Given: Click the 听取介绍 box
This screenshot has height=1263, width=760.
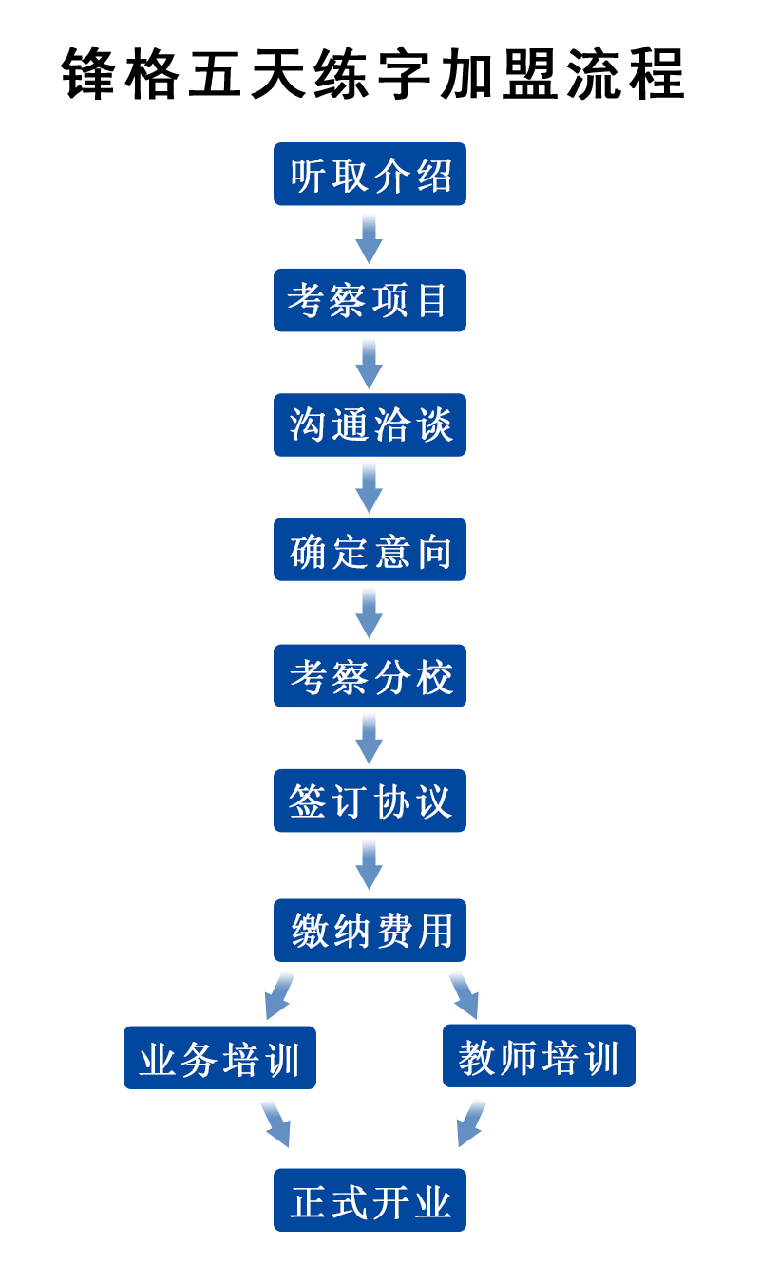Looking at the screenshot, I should (370, 175).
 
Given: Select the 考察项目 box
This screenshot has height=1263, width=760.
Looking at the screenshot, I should (370, 300).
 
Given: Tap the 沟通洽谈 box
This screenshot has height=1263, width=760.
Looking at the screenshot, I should (370, 424).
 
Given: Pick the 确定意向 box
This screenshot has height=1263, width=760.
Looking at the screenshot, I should (370, 550).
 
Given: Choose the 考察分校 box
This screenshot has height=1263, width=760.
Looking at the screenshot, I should (370, 676).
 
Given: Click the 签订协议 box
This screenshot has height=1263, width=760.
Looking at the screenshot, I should (370, 801).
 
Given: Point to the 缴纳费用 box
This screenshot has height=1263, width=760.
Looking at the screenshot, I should (370, 930).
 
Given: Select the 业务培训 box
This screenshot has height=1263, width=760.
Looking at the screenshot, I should (220, 1058).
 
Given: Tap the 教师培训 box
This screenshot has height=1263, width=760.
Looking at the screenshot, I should (539, 1056).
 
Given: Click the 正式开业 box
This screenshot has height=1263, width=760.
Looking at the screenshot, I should (370, 1199).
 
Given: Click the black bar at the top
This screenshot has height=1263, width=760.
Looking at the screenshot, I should (371, 72).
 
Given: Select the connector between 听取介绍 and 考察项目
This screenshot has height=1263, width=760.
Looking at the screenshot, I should (369, 237).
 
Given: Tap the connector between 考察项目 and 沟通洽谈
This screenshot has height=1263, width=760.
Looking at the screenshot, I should (369, 363).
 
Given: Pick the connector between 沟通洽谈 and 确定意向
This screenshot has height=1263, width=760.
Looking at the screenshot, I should (369, 487).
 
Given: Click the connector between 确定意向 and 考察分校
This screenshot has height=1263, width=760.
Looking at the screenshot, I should (369, 613).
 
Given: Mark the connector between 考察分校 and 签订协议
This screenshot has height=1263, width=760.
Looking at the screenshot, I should (369, 738).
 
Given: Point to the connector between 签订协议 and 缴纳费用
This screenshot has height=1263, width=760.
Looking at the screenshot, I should (369, 864).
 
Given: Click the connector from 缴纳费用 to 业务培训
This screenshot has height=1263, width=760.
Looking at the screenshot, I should (280, 994).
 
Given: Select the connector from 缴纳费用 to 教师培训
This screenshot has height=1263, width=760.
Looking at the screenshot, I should (464, 994).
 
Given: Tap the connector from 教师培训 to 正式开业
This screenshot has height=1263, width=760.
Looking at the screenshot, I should (471, 1122).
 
